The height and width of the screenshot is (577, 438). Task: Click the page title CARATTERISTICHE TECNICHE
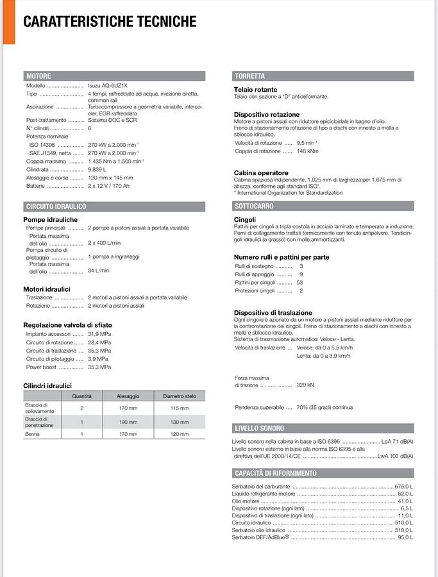(x=110, y=22)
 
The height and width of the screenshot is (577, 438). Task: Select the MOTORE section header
(x=38, y=76)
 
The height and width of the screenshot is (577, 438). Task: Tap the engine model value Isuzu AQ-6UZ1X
(x=108, y=86)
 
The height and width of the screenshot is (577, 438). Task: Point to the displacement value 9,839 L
(x=97, y=169)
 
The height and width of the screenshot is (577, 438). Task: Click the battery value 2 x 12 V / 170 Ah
(x=108, y=186)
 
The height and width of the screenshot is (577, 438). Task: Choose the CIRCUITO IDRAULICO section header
(x=56, y=206)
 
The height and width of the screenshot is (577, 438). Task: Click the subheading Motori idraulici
(x=47, y=289)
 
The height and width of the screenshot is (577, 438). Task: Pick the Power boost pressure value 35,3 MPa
(x=99, y=367)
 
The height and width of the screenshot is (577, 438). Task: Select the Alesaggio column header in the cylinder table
(x=128, y=396)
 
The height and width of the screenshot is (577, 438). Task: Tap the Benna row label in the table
(x=32, y=435)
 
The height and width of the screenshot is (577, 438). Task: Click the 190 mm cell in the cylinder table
(x=128, y=422)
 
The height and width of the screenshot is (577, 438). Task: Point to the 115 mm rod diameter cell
(x=180, y=408)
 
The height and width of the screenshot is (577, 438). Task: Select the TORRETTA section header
(x=249, y=76)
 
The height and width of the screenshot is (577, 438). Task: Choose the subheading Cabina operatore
(x=261, y=173)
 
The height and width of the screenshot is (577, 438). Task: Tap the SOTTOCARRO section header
(x=254, y=206)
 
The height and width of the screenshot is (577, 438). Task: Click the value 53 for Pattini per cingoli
(x=300, y=282)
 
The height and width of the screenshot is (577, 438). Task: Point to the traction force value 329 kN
(x=305, y=385)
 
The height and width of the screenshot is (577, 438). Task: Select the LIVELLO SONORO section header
(x=259, y=428)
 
